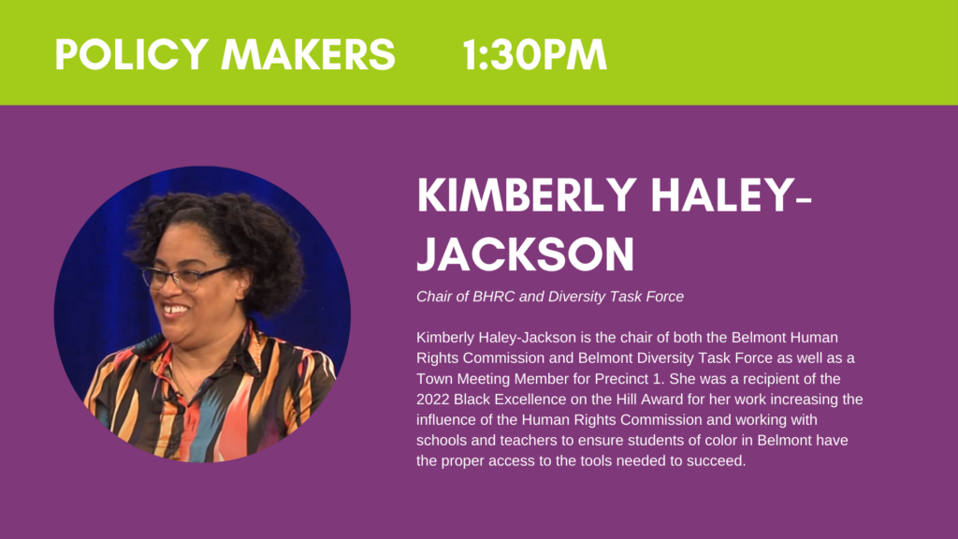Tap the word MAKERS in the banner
(x=308, y=54)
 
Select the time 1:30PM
(x=534, y=54)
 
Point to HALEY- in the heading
(x=732, y=196)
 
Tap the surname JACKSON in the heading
(x=526, y=255)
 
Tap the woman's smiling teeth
(x=175, y=309)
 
